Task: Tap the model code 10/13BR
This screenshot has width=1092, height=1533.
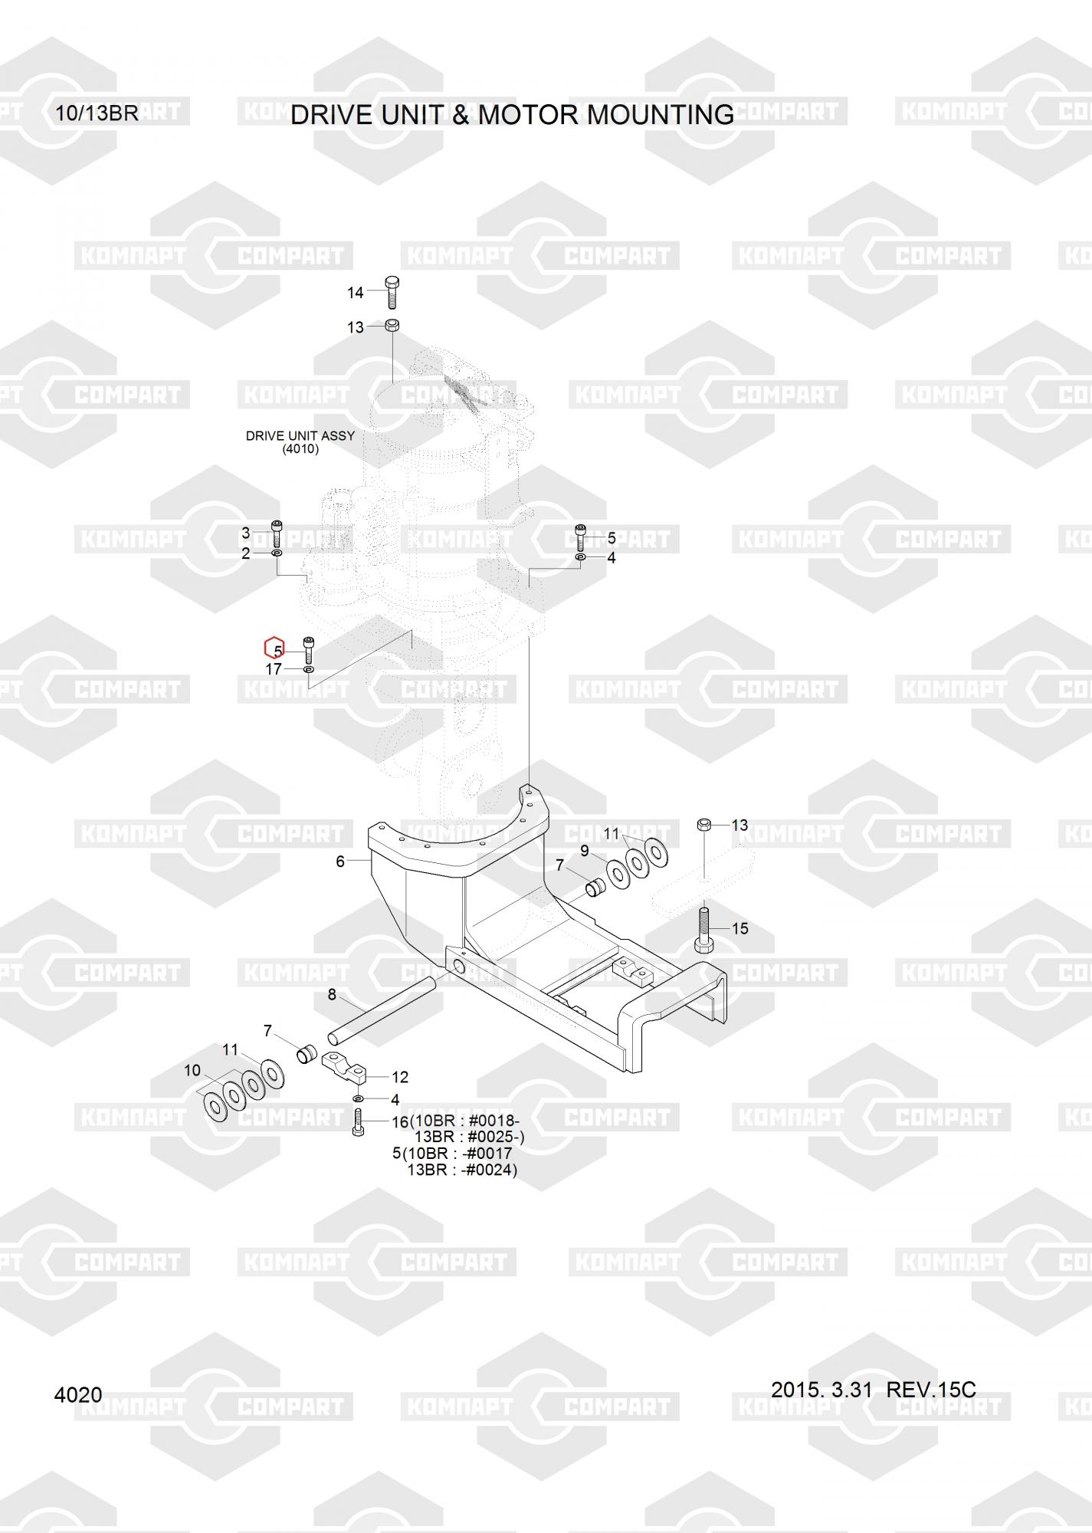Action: (x=97, y=113)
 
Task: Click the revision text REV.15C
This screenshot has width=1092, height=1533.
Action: (x=931, y=1390)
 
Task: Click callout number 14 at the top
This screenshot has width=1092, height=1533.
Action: (x=356, y=292)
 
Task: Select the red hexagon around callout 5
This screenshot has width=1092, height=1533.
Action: (x=274, y=648)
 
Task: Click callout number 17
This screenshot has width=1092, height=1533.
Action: (x=274, y=669)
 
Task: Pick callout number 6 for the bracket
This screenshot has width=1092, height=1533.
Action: (x=340, y=862)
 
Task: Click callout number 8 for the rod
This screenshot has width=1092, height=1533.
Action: (x=332, y=994)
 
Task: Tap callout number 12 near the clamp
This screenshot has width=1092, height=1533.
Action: (x=400, y=1077)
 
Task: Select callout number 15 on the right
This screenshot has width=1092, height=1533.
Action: (x=739, y=928)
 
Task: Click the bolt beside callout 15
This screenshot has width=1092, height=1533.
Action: (x=703, y=930)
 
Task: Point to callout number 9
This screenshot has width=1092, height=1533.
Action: (x=584, y=850)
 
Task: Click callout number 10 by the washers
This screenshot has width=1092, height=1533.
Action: (x=192, y=1070)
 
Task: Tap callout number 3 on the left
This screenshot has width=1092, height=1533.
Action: (x=245, y=533)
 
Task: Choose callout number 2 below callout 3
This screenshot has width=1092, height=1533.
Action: (x=245, y=553)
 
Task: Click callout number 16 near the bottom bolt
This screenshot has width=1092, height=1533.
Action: (x=400, y=1122)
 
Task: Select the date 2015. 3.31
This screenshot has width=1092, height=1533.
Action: (x=821, y=1390)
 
